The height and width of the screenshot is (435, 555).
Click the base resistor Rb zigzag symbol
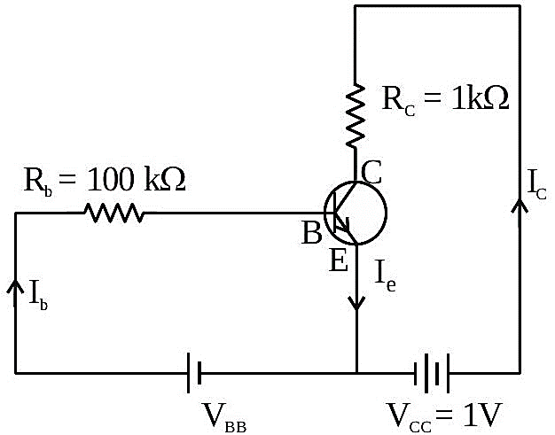point(113,213)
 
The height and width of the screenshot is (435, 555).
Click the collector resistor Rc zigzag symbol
point(355,116)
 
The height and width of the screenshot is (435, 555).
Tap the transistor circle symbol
point(356,213)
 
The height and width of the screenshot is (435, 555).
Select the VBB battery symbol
point(194,372)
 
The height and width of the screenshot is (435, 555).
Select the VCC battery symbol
point(432,373)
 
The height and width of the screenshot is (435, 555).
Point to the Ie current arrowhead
point(356,303)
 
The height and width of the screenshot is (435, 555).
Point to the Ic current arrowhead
point(520,206)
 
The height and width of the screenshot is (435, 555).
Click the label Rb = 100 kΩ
point(105,181)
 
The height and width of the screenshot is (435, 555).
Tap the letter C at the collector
point(371,172)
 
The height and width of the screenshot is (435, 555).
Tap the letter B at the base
point(312,232)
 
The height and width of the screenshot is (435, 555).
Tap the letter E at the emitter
point(339,260)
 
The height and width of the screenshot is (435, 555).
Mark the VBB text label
point(224,418)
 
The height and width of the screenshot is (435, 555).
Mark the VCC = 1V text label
point(444,417)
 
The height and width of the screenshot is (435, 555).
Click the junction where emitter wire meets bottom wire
point(356,373)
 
